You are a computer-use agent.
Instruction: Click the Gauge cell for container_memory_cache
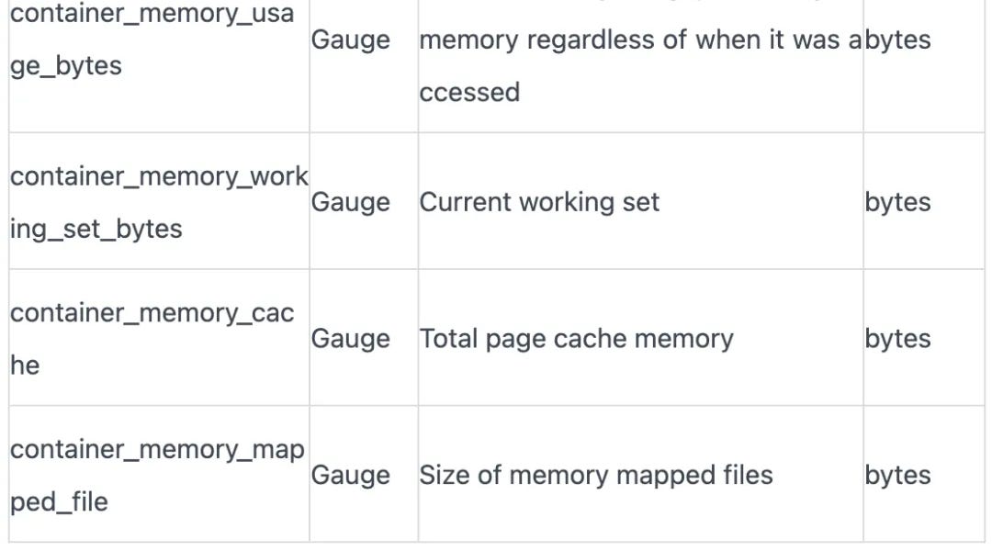(350, 339)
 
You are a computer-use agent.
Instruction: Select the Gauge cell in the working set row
(350, 202)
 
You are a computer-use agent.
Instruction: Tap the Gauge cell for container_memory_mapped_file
(350, 475)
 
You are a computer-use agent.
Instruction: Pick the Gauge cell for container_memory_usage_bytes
(350, 40)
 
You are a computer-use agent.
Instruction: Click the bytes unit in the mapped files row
(897, 475)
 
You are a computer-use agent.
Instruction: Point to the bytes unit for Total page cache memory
(897, 339)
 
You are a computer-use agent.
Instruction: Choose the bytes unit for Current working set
(897, 202)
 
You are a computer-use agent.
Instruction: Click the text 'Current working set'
(539, 202)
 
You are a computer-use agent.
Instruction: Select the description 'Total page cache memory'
(576, 339)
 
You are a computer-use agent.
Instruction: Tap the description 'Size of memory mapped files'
(595, 475)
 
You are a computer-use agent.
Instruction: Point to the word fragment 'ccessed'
(469, 92)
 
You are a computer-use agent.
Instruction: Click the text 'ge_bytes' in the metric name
(65, 67)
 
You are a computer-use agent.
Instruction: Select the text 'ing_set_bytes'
(96, 229)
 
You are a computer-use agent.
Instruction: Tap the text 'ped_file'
(59, 501)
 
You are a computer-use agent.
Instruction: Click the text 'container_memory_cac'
(152, 312)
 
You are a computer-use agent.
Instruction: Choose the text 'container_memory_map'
(156, 449)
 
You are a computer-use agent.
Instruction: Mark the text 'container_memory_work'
(158, 176)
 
